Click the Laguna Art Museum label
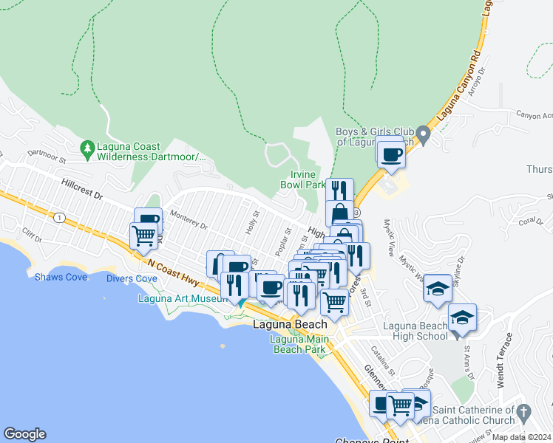point(183,299)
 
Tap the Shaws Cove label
point(61,278)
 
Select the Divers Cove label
point(132,278)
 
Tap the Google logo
point(24,434)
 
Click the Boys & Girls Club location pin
point(423,134)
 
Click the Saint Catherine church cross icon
point(524,411)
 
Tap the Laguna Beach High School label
point(415,331)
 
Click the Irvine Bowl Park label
point(303,179)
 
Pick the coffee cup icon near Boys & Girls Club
point(390,154)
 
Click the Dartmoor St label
point(47,156)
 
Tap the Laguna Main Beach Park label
point(298,344)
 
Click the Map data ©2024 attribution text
point(520,437)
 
